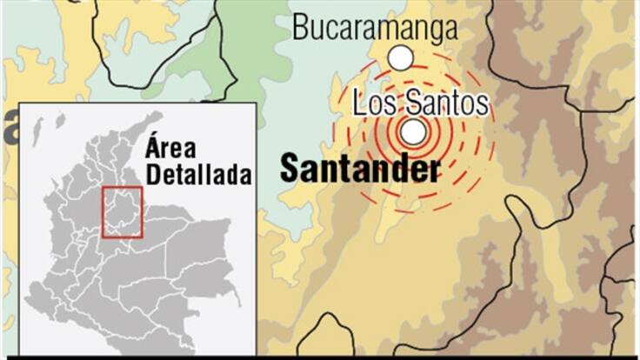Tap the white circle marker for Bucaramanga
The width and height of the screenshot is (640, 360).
(400, 58)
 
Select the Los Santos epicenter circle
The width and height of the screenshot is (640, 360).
(414, 132)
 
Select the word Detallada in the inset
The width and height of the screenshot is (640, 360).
(199, 173)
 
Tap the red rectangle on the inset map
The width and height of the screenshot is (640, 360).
(122, 211)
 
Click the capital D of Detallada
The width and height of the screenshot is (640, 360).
(154, 173)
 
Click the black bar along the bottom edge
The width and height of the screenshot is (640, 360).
(320, 357)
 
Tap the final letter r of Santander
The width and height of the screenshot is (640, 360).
(433, 170)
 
